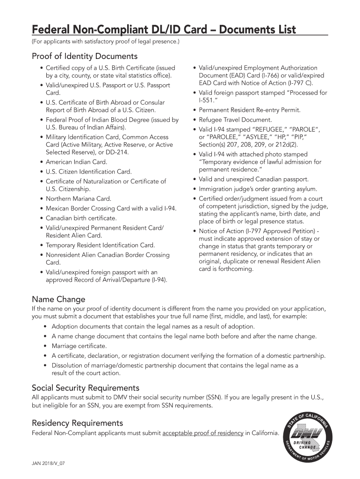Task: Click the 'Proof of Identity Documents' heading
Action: [85, 57]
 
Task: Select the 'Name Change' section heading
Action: [58, 299]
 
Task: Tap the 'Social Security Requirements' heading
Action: [86, 388]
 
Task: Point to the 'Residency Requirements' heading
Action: [77, 423]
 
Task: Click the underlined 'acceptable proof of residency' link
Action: [202, 433]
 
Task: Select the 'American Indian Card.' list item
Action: [76, 162]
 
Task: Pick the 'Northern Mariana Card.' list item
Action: [78, 199]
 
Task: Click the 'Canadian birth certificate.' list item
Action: [81, 218]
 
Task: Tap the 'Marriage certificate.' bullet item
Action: [79, 346]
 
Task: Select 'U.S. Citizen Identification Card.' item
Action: [88, 172]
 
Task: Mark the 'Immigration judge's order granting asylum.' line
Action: [258, 189]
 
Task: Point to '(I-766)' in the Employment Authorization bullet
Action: [257, 76]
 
